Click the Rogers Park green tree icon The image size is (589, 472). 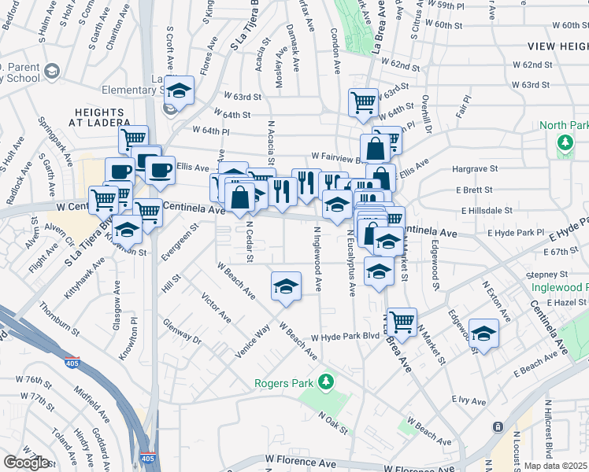pos(322,384)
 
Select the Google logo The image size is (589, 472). pos(26,463)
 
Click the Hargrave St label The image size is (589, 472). pos(475,168)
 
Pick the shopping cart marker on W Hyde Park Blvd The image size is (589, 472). pos(402,321)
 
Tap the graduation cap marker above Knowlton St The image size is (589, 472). pos(126,230)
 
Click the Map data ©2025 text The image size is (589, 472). pos(555,466)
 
